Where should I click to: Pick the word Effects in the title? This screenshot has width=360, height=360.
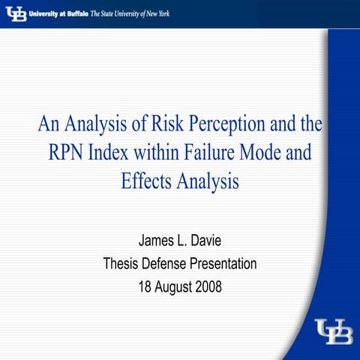146,181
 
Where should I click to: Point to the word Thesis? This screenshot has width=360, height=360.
121,264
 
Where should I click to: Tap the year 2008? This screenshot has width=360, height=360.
206,286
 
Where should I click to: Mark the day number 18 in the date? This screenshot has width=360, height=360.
145,286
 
